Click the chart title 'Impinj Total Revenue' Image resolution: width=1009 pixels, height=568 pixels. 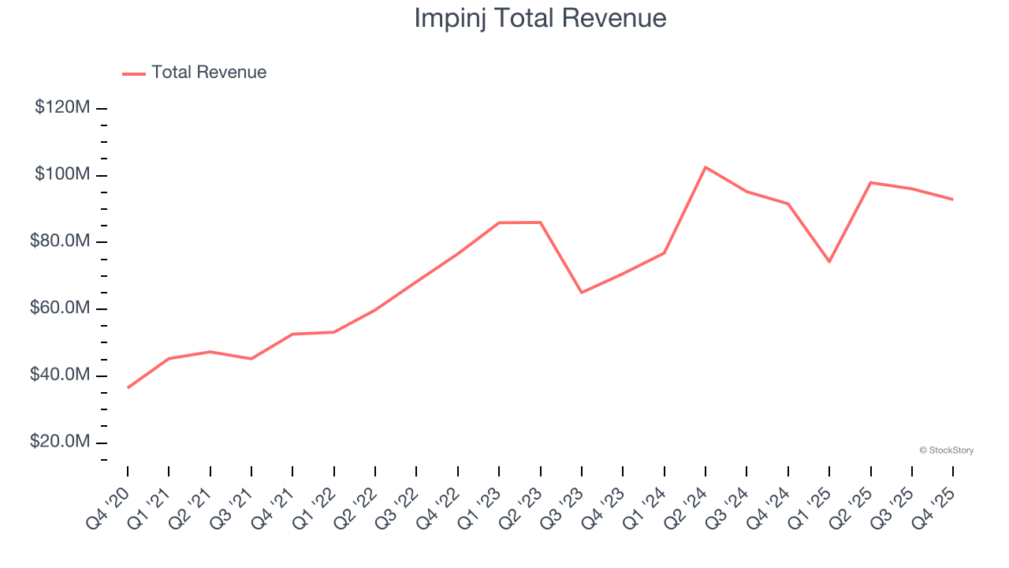click(540, 18)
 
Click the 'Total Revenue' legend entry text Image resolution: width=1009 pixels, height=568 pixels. click(209, 73)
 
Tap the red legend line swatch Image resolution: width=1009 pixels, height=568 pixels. click(134, 73)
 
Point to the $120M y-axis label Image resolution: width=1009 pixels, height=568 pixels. click(62, 107)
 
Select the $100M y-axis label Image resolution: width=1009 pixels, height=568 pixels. click(62, 174)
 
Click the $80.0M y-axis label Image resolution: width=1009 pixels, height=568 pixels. click(60, 241)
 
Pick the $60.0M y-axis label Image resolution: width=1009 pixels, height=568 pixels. click(60, 308)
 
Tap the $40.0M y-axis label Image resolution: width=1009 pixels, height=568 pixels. click(60, 376)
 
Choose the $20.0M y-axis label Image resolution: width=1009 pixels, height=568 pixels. click(60, 443)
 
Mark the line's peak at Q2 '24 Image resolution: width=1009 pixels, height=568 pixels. click(706, 167)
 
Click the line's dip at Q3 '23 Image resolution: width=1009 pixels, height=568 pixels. click(581, 293)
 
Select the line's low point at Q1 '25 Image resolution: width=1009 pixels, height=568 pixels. click(829, 261)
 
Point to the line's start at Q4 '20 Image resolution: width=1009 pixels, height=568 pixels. click(128, 387)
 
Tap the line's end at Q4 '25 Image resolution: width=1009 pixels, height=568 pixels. click(953, 199)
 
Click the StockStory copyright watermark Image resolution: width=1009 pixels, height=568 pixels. click(946, 450)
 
